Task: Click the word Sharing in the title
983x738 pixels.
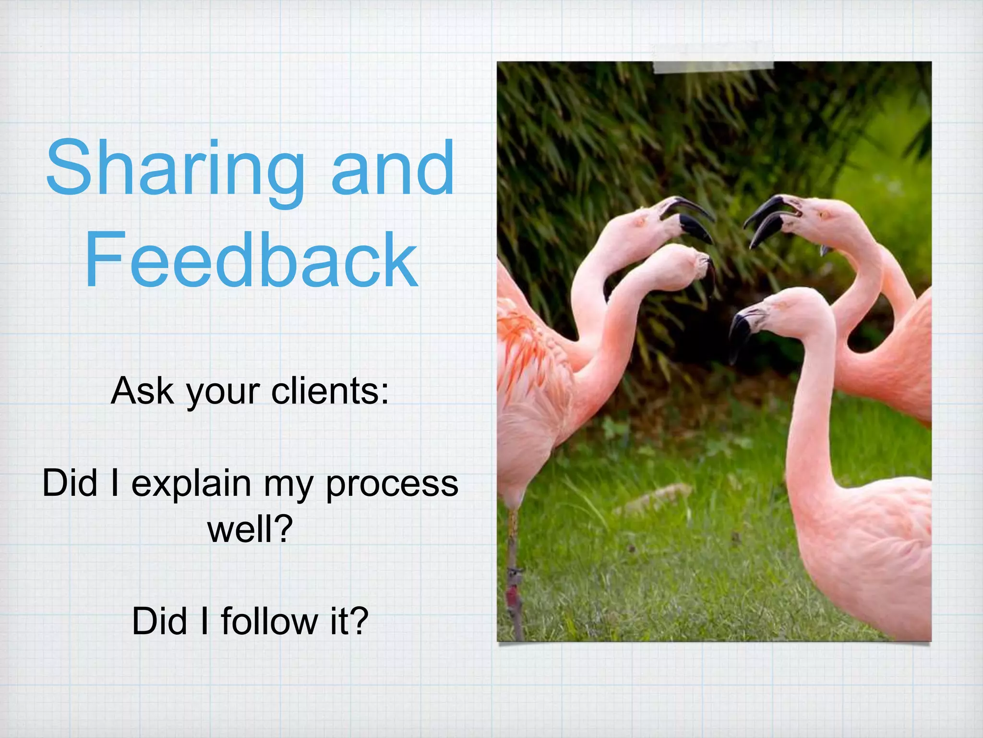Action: click(x=175, y=169)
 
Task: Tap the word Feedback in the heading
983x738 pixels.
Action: click(x=251, y=260)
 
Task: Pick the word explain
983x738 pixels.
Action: click(x=191, y=484)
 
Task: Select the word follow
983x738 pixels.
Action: click(x=269, y=621)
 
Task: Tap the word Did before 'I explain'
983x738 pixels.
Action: click(x=70, y=482)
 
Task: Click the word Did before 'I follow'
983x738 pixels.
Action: click(x=160, y=621)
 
